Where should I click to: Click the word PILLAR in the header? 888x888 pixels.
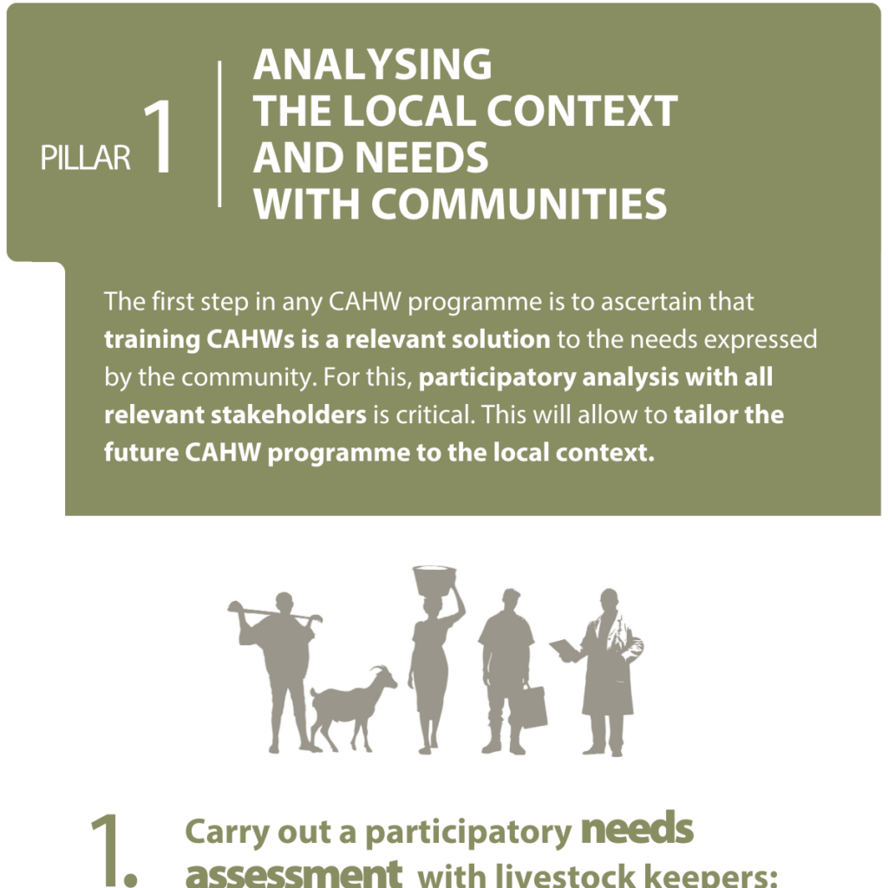86,158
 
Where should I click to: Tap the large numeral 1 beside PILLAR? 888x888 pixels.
159,136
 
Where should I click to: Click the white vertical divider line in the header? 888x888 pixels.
219,134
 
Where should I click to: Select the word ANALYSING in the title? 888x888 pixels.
372,64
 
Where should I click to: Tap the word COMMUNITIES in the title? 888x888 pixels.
519,204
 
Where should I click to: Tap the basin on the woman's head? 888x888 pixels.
434,579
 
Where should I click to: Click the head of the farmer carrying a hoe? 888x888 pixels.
284,604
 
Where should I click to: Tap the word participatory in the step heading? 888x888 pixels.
468,833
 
